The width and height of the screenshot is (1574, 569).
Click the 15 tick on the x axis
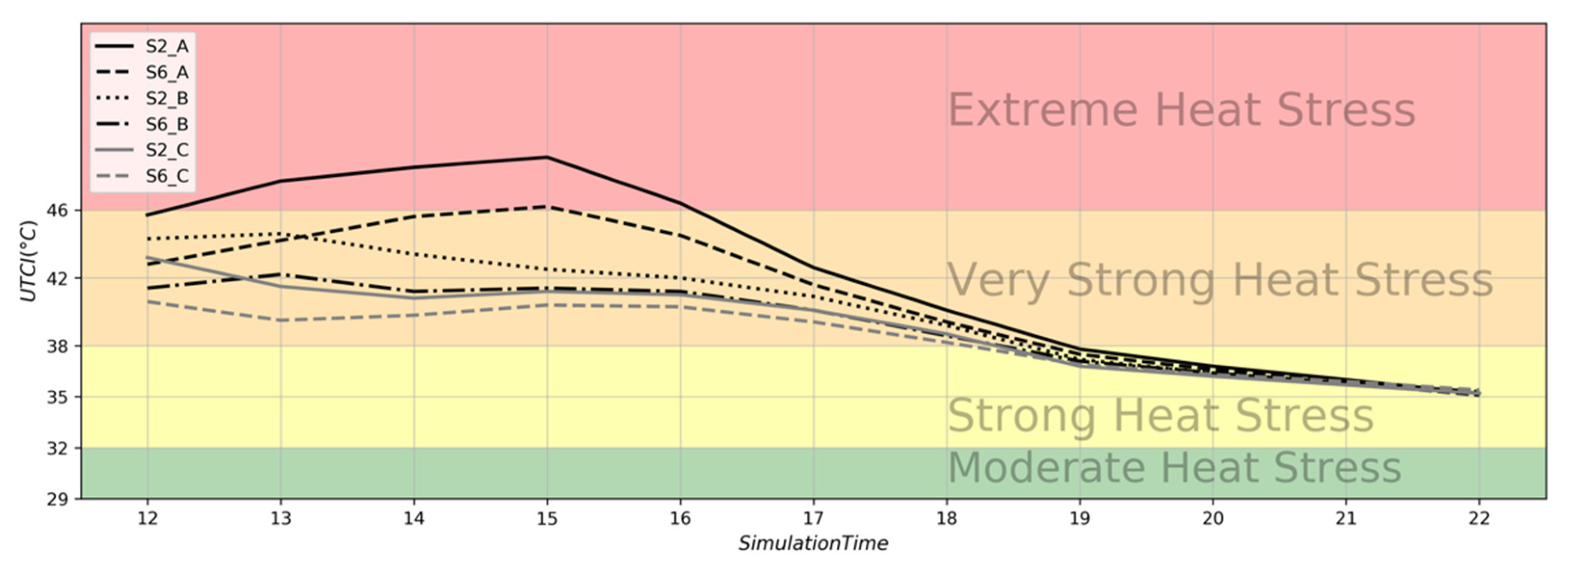click(547, 518)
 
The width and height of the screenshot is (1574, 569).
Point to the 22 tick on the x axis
click(1479, 518)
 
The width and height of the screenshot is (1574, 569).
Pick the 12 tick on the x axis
click(147, 518)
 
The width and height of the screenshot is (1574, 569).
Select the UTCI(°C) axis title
click(29, 261)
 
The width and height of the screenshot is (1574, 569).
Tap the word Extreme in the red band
click(1042, 110)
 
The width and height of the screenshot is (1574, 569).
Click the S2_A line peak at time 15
click(547, 157)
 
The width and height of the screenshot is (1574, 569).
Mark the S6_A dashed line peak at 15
click(547, 207)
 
